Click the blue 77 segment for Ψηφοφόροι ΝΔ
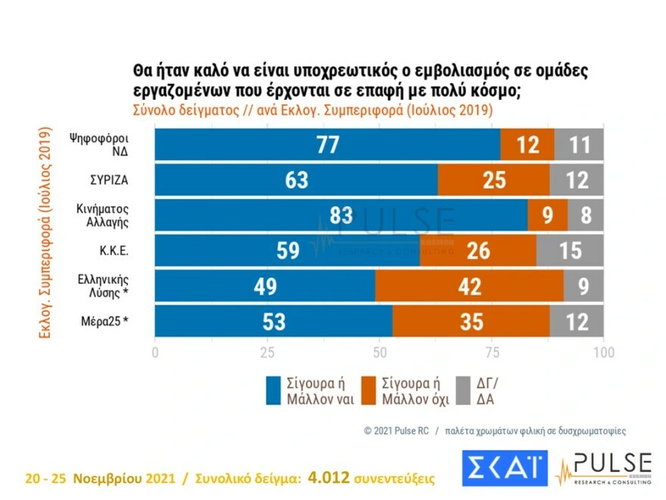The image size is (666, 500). point(327,144)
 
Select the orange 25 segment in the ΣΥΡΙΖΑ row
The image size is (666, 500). point(493,180)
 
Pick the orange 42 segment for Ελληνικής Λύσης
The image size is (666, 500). point(468,286)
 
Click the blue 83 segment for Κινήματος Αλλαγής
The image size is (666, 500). point(341,215)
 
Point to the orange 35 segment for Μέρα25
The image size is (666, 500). point(471,320)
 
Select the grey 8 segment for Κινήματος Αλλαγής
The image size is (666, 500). point(585,215)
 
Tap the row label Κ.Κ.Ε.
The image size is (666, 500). point(110,250)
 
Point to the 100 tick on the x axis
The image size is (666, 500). point(602,353)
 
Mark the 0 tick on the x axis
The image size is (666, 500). point(155,353)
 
